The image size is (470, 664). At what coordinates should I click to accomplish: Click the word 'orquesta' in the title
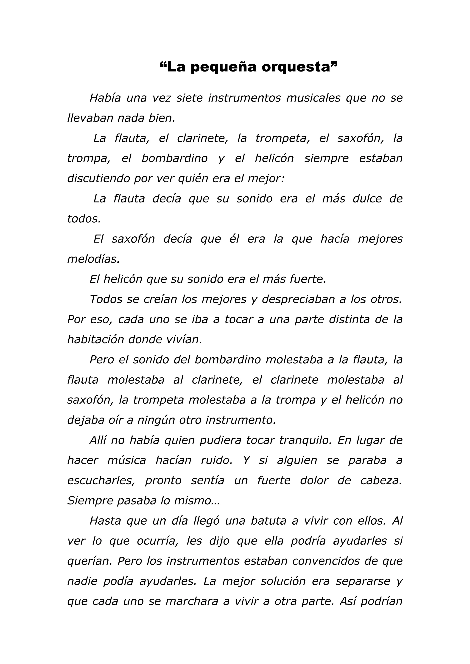[296, 67]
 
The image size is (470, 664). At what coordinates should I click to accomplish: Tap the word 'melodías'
[93, 259]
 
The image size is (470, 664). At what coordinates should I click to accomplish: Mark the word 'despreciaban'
[298, 299]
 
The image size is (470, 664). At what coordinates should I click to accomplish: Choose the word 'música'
[127, 460]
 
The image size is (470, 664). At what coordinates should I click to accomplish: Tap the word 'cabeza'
[381, 481]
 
